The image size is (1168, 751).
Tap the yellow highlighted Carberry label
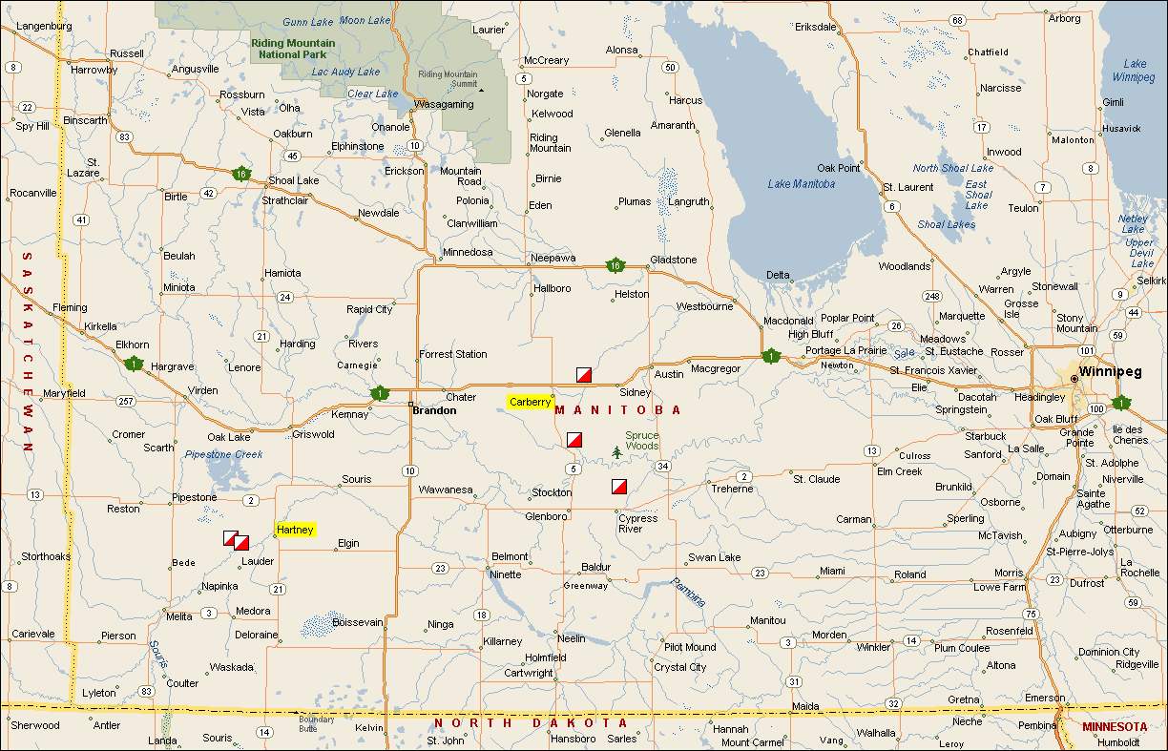coord(530,402)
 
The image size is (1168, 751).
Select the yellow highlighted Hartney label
coord(295,530)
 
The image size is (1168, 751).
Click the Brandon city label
coord(434,410)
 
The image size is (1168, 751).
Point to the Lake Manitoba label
coord(801,184)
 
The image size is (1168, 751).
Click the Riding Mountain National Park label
coord(293,49)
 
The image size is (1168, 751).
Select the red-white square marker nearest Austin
coord(585,374)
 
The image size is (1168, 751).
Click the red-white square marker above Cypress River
coord(619,487)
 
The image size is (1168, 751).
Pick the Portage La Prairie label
coord(846,350)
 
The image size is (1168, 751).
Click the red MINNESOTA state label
coord(1115,726)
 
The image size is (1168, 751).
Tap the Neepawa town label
coord(553,259)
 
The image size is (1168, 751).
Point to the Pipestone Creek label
coord(222,454)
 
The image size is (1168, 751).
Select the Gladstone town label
coord(673,260)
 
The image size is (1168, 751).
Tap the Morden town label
coord(828,635)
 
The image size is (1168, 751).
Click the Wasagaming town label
coord(445,104)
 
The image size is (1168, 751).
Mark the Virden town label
coord(202,391)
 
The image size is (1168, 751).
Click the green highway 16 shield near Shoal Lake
coord(240,174)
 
